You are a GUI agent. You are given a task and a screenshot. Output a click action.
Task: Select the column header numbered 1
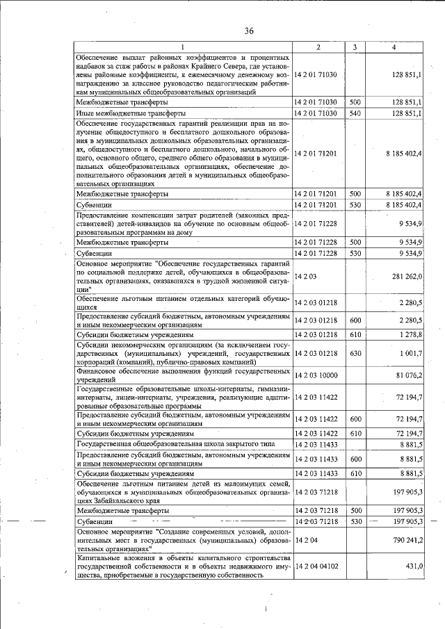coord(184,47)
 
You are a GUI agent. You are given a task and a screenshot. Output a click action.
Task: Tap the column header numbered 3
coord(355,47)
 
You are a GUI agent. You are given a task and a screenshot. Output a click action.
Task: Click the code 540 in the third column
coord(355,113)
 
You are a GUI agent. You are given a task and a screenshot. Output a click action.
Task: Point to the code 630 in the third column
coord(355,353)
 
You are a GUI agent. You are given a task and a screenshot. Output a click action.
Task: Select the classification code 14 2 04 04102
coord(316,566)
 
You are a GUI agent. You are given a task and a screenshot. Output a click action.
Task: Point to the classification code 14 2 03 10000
coord(316,376)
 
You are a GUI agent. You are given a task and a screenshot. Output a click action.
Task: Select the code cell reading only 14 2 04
coord(306,539)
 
